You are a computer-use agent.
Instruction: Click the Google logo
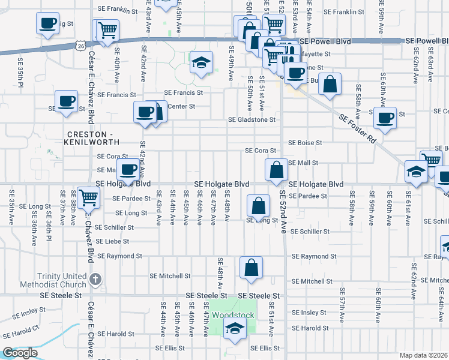pyautogui.click(x=20, y=353)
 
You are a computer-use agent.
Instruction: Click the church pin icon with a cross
pyautogui.click(x=95, y=279)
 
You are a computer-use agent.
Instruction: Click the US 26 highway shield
pyautogui.click(x=80, y=45)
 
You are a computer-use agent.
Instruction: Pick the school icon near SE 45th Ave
pyautogui.click(x=202, y=62)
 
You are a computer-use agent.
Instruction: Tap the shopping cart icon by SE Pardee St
pyautogui.click(x=88, y=196)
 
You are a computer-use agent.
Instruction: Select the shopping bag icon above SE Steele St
pyautogui.click(x=251, y=267)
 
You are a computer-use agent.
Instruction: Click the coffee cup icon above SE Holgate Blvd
pyautogui.click(x=127, y=170)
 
